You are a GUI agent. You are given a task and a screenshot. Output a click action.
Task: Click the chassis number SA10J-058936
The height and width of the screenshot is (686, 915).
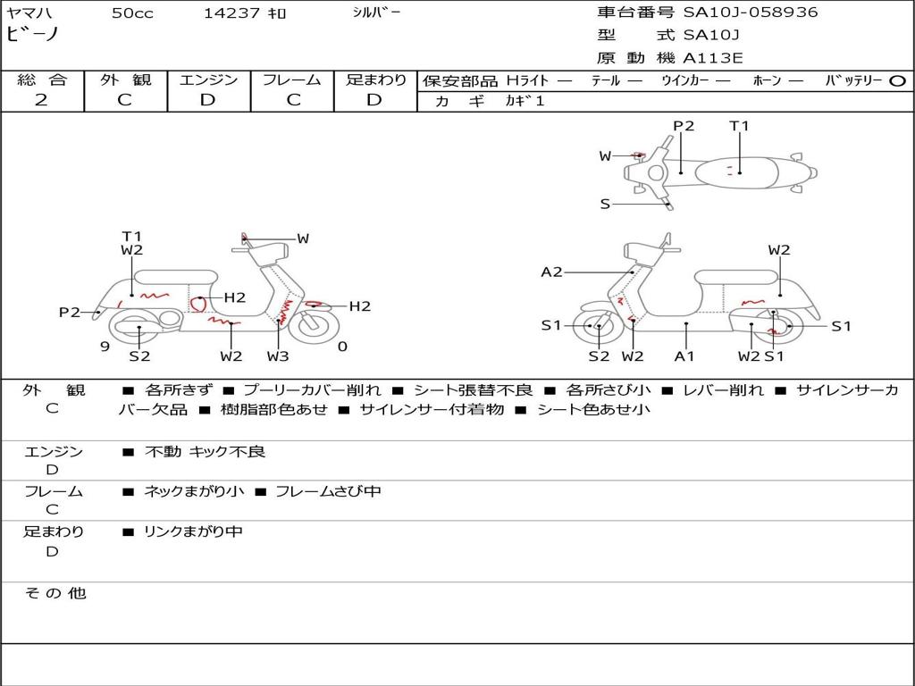[751, 13]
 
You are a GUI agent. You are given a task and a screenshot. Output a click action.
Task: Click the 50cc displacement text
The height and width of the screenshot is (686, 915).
[132, 13]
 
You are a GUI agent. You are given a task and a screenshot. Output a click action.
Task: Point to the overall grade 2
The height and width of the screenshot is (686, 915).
[41, 100]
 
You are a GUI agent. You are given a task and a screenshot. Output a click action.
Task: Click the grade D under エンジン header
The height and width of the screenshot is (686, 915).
[207, 100]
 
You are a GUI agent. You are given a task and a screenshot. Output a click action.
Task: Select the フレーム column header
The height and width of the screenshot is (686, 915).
[292, 79]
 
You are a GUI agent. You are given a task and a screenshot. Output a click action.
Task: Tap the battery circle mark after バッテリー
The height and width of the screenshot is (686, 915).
[897, 81]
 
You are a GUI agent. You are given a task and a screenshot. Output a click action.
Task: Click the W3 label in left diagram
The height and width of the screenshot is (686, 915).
[278, 356]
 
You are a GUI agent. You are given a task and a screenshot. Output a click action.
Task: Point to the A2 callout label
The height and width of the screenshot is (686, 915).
[551, 272]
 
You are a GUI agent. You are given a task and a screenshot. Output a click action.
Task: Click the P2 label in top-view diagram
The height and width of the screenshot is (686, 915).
[684, 126]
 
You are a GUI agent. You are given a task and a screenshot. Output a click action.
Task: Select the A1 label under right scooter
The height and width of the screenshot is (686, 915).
[684, 356]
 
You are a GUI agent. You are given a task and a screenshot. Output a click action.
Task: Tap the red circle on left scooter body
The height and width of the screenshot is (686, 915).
[198, 304]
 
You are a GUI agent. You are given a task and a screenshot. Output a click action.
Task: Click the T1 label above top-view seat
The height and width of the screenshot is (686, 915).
[739, 126]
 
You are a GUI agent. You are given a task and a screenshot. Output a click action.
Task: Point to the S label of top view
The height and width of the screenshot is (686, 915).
[605, 205]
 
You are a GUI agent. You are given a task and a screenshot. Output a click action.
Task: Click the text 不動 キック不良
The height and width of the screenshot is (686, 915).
[205, 451]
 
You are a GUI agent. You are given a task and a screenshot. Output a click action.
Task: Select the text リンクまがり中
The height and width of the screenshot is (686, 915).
[193, 531]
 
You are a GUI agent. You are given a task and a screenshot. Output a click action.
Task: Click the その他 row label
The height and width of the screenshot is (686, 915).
[55, 593]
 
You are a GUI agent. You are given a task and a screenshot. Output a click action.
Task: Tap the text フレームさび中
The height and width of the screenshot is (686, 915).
[328, 492]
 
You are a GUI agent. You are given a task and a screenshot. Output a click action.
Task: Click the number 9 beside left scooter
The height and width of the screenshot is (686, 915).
[105, 347]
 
